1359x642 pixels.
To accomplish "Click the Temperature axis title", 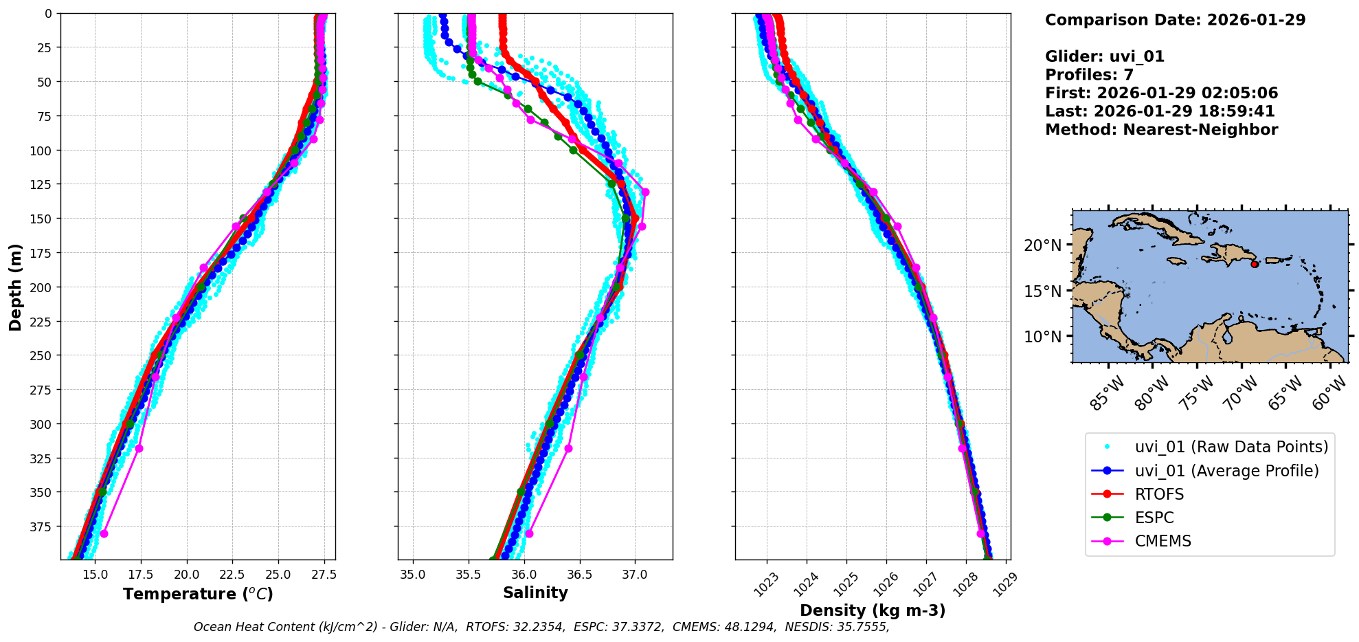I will click(198, 594).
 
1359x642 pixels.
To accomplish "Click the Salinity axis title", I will click(535, 593).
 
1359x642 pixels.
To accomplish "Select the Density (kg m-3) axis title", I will click(873, 610).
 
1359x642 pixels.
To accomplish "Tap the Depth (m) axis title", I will click(15, 287).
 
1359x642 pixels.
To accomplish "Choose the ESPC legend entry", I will click(1154, 518).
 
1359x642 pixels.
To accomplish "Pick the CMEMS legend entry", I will click(1163, 541).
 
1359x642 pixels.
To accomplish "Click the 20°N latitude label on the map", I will click(1043, 245).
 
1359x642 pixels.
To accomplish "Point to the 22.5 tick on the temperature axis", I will click(232, 575).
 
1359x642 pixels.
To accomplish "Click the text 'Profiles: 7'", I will click(1089, 75).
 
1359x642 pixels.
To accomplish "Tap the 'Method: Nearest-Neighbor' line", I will click(1161, 130).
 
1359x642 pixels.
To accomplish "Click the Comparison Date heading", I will click(1175, 20).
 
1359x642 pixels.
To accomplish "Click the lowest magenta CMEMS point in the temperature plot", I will click(104, 533).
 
